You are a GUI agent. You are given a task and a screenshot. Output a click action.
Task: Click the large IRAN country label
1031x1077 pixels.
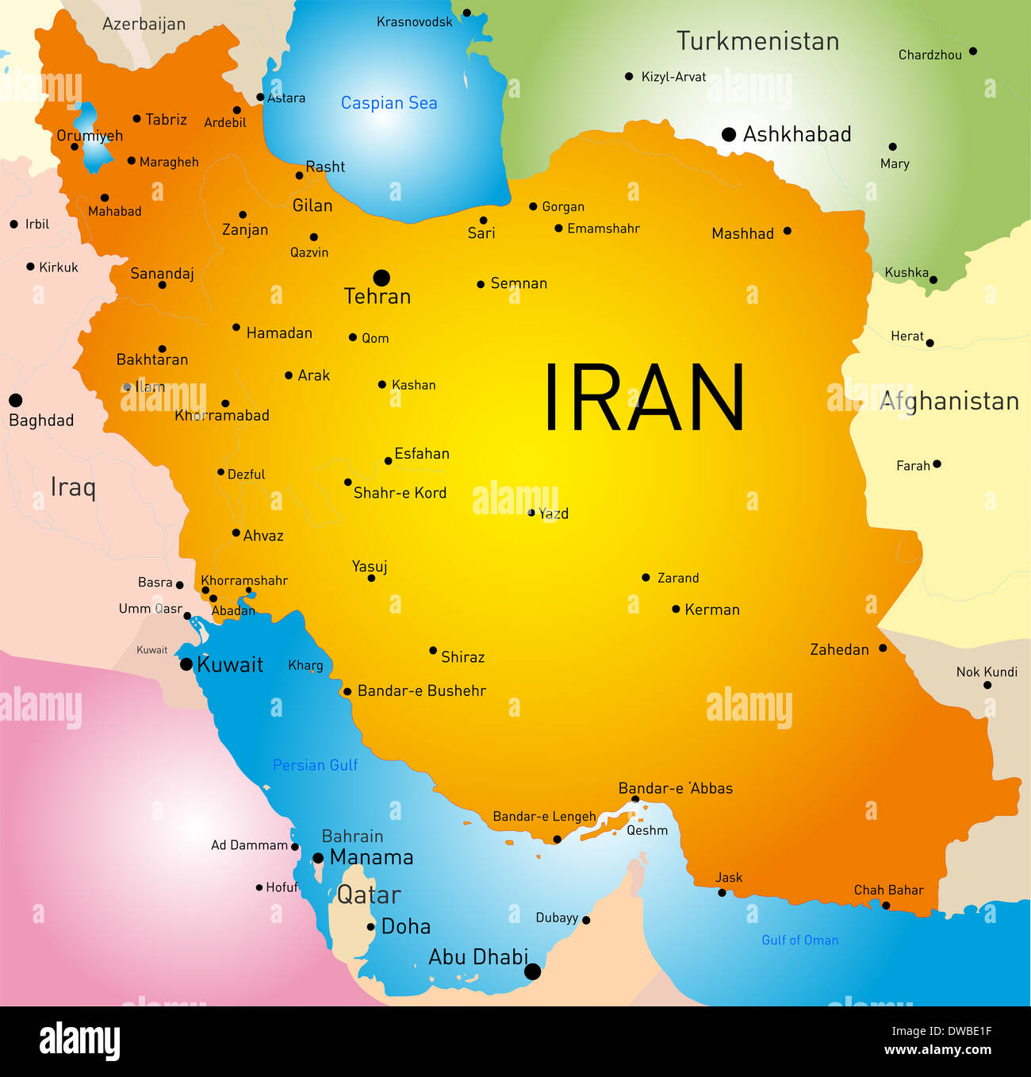click(x=644, y=398)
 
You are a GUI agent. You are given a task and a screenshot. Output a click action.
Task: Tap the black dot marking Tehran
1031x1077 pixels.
click(x=381, y=278)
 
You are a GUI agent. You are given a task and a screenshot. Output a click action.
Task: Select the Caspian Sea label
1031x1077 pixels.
click(x=389, y=103)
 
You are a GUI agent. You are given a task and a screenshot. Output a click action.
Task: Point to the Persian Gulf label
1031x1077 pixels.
click(x=315, y=765)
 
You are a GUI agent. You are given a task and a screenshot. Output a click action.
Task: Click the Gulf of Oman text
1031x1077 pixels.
click(x=799, y=940)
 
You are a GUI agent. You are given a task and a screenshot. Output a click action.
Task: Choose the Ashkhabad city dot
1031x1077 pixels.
click(x=729, y=135)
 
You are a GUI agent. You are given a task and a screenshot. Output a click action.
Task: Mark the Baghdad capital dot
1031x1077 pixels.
click(x=15, y=400)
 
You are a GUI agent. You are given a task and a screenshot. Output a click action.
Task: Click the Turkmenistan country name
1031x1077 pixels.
click(x=757, y=41)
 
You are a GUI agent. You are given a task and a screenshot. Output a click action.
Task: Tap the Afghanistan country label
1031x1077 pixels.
click(x=949, y=402)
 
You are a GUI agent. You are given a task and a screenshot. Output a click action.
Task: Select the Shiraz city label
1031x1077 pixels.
click(x=462, y=657)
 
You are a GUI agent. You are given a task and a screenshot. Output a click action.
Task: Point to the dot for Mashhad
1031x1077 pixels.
click(x=787, y=231)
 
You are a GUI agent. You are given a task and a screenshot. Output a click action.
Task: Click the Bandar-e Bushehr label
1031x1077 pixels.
click(x=421, y=691)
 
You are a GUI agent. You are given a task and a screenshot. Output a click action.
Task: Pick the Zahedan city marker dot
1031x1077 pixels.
click(x=883, y=648)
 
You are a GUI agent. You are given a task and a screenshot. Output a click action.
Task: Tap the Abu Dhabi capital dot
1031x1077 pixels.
click(x=533, y=971)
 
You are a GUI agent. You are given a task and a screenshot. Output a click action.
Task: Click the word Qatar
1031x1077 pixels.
click(x=369, y=895)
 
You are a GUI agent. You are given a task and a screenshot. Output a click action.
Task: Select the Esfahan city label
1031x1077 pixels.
click(x=422, y=454)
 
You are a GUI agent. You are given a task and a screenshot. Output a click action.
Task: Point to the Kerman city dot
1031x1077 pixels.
click(x=676, y=610)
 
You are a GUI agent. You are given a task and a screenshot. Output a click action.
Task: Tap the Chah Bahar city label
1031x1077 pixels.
click(x=888, y=890)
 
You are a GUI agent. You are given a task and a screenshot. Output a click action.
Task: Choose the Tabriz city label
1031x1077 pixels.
click(x=166, y=120)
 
